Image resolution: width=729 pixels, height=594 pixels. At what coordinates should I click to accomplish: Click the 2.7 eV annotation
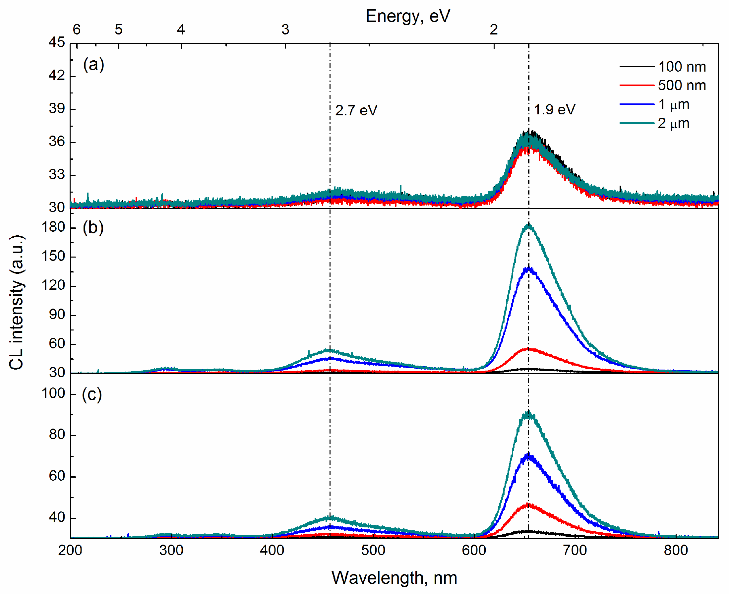[x=356, y=110]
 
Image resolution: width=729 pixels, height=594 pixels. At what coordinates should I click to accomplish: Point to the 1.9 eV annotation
[x=554, y=110]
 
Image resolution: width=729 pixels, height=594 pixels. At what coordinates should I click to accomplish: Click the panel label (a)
[x=93, y=65]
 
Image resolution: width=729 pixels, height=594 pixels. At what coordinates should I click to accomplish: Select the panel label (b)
[x=93, y=228]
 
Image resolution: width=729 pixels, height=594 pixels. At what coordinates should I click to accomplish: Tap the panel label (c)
[x=92, y=394]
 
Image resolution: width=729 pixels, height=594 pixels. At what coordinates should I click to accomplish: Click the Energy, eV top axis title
[x=408, y=17]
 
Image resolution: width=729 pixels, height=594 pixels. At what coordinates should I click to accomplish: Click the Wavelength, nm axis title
[x=394, y=577]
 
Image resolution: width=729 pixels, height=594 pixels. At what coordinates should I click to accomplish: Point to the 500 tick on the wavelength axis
[x=373, y=550]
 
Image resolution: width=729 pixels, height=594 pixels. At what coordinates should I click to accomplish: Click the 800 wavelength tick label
[x=676, y=550]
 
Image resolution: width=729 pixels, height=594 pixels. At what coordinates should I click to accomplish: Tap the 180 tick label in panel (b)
[x=53, y=227]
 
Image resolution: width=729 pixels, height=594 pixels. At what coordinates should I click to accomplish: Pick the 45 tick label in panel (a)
[x=56, y=42]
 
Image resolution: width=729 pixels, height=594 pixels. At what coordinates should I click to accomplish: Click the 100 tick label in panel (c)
[x=53, y=393]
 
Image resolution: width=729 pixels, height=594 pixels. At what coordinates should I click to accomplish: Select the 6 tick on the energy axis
[x=76, y=30]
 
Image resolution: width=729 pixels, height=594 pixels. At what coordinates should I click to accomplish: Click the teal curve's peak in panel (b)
[x=528, y=225]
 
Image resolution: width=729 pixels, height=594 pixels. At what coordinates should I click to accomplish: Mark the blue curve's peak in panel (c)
[x=528, y=456]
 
